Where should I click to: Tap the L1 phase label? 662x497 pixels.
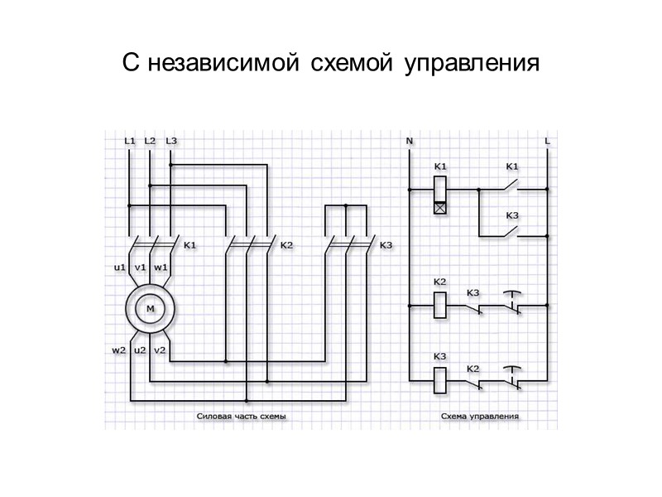129,141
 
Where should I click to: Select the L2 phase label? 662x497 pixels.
150,141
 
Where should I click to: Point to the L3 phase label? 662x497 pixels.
171,141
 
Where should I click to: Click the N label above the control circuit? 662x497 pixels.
409,141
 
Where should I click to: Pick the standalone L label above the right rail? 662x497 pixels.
548,141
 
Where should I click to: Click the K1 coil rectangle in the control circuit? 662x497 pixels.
440,190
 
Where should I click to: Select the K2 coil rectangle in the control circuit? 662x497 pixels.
440,304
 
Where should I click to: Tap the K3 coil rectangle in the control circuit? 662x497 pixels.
440,379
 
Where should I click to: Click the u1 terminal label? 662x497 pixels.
119,268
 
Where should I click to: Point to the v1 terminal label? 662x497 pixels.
140,268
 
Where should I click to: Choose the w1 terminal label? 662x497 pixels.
161,268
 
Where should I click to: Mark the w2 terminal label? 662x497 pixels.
119,350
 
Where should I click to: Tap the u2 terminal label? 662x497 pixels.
140,350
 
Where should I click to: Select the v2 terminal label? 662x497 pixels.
161,350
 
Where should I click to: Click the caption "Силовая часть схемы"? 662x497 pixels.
242,417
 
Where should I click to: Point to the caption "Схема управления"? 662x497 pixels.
480,417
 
